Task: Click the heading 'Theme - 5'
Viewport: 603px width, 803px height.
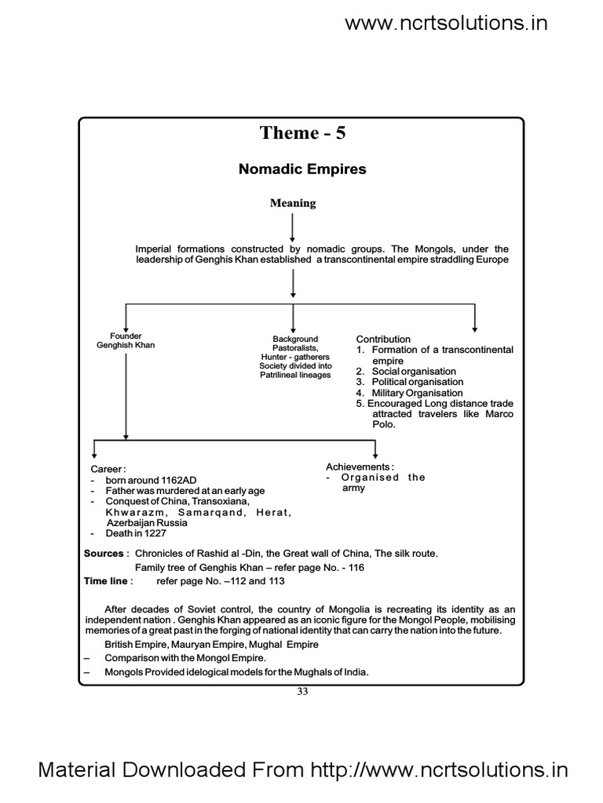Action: pos(302,133)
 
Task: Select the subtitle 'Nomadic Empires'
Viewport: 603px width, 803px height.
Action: pos(302,169)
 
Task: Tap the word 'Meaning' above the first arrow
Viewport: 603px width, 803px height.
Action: pos(293,203)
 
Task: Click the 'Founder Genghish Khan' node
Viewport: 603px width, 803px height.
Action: pos(126,341)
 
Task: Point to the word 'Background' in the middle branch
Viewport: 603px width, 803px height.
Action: pos(294,339)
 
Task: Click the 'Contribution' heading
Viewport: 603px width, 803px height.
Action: pos(383,339)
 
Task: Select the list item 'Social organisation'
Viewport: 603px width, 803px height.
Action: pos(414,371)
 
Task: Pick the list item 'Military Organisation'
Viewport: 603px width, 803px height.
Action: pos(417,393)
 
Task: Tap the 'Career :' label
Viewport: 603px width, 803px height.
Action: pos(108,469)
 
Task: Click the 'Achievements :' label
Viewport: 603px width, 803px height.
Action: pos(360,467)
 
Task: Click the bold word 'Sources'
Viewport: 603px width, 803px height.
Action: pos(104,554)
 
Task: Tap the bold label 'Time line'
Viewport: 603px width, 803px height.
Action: pos(105,581)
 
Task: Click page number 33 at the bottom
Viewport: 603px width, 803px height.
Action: pos(302,691)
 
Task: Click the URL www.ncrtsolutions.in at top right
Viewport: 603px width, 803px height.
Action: pos(446,23)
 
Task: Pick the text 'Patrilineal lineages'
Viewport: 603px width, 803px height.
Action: pos(295,375)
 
